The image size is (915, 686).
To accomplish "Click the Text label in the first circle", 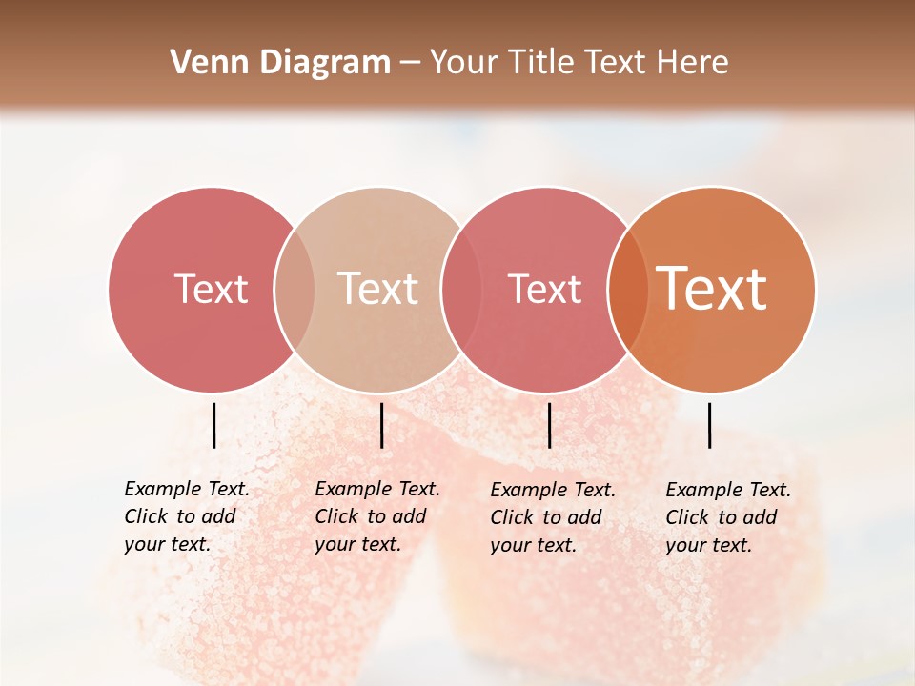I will [x=212, y=289].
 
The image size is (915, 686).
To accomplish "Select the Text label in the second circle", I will [x=378, y=289].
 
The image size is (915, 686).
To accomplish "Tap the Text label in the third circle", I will [x=544, y=289].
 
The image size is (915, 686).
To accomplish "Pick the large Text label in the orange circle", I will [x=712, y=289].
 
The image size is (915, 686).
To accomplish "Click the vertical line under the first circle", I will [x=213, y=425].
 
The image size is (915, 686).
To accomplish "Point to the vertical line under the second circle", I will [x=381, y=425].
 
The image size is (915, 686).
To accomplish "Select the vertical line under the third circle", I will [x=549, y=425].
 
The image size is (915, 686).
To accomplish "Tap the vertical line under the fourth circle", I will [x=709, y=425].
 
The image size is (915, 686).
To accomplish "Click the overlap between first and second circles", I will [x=295, y=289].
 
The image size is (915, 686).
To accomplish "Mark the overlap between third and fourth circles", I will [x=627, y=289].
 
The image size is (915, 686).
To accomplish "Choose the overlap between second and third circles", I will [x=461, y=289].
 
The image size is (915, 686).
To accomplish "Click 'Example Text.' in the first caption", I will [x=187, y=489].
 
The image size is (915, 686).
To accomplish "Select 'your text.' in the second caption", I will [x=357, y=544].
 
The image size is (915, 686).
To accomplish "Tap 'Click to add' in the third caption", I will [x=546, y=517].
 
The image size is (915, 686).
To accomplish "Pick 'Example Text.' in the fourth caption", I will [x=728, y=490].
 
